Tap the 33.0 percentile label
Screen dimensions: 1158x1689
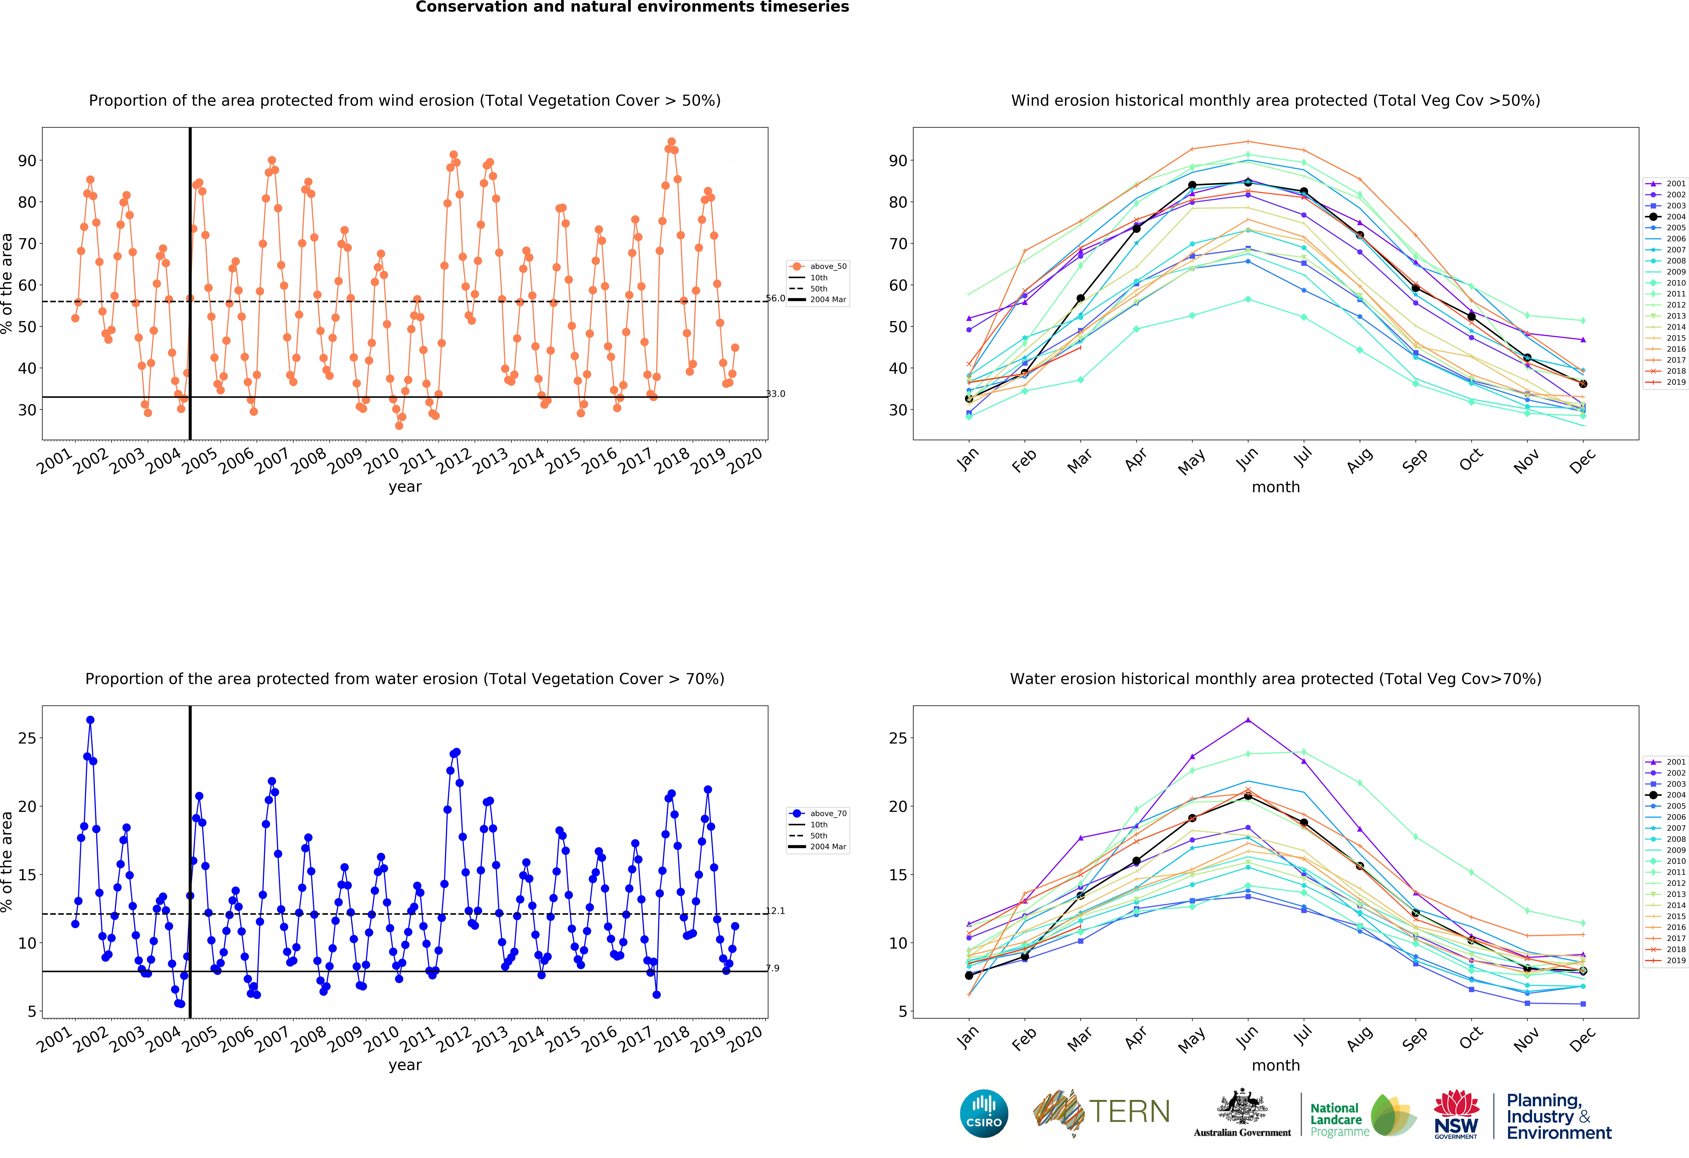click(775, 394)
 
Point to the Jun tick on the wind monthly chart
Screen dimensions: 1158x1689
click(1247, 458)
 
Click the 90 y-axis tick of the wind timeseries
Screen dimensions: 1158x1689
click(27, 161)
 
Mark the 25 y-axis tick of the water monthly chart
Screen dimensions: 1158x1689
click(898, 738)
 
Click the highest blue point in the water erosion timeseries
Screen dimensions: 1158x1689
click(90, 720)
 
